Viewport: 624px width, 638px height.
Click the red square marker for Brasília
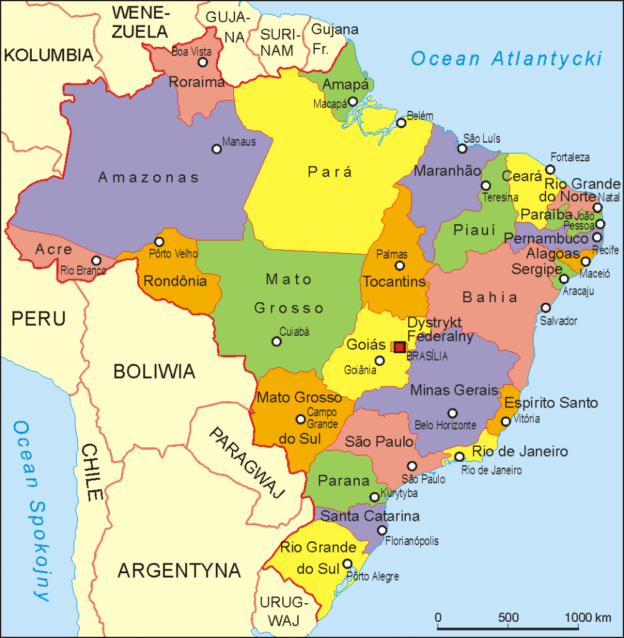click(400, 346)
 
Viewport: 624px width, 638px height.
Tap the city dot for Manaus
click(217, 149)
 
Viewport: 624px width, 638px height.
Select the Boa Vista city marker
click(202, 62)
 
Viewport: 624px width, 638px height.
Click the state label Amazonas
click(148, 178)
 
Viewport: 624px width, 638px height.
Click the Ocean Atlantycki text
click(507, 59)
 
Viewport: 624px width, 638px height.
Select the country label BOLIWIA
click(154, 372)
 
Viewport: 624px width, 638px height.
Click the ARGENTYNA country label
click(180, 569)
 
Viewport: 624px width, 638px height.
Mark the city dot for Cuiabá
click(276, 341)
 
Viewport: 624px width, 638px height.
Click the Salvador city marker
click(545, 308)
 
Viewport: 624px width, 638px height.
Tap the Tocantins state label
click(394, 282)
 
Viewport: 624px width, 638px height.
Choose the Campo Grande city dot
click(300, 419)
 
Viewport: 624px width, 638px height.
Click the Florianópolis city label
click(411, 541)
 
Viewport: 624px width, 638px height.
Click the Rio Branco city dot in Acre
click(96, 260)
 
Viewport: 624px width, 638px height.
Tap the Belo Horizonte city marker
click(453, 413)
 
